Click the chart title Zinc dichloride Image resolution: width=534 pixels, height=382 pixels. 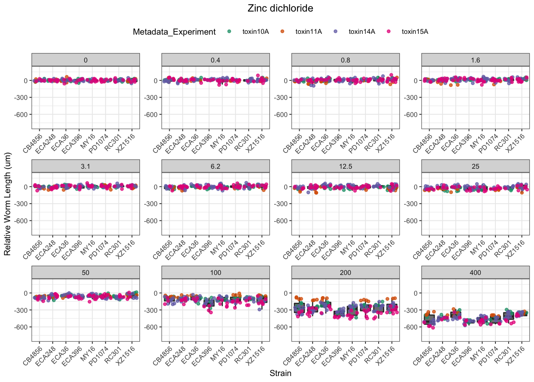[280, 8]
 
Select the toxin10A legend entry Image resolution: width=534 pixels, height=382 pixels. [255, 32]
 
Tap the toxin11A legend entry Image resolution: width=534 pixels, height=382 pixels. [308, 32]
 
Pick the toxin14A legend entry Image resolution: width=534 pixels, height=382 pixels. [362, 32]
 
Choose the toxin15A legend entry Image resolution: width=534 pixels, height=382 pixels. [415, 32]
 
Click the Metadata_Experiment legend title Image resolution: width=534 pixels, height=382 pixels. [174, 32]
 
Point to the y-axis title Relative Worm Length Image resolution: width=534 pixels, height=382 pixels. [8, 204]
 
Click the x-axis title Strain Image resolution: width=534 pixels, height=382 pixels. [280, 373]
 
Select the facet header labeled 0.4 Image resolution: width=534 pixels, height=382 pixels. [215, 60]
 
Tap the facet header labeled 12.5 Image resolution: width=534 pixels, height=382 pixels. [345, 166]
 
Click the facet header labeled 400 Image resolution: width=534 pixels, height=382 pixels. [475, 273]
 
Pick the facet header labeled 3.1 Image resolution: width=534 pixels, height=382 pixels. [85, 166]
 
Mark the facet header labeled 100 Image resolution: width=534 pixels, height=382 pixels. [215, 273]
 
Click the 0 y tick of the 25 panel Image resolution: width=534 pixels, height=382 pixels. [415, 187]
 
